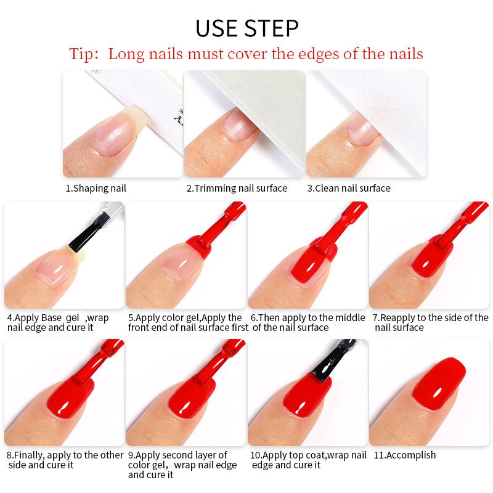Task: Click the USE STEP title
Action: point(246,28)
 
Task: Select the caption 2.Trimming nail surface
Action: point(237,188)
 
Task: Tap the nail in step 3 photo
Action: point(358,129)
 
